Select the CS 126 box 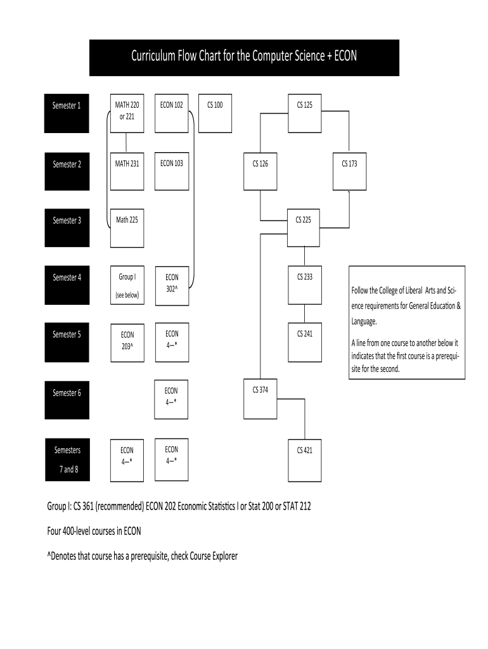[x=260, y=171]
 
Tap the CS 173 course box [x=349, y=171]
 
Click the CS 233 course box [x=305, y=285]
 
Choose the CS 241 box [x=305, y=342]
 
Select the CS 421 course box [x=305, y=459]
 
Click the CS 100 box [x=215, y=114]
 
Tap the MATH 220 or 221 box [x=127, y=114]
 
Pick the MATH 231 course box [x=127, y=171]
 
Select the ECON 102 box [x=172, y=114]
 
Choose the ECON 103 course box [x=172, y=171]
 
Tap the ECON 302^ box [x=172, y=285]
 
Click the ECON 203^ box [x=127, y=342]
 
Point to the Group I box [x=127, y=285]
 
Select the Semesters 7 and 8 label [x=67, y=459]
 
